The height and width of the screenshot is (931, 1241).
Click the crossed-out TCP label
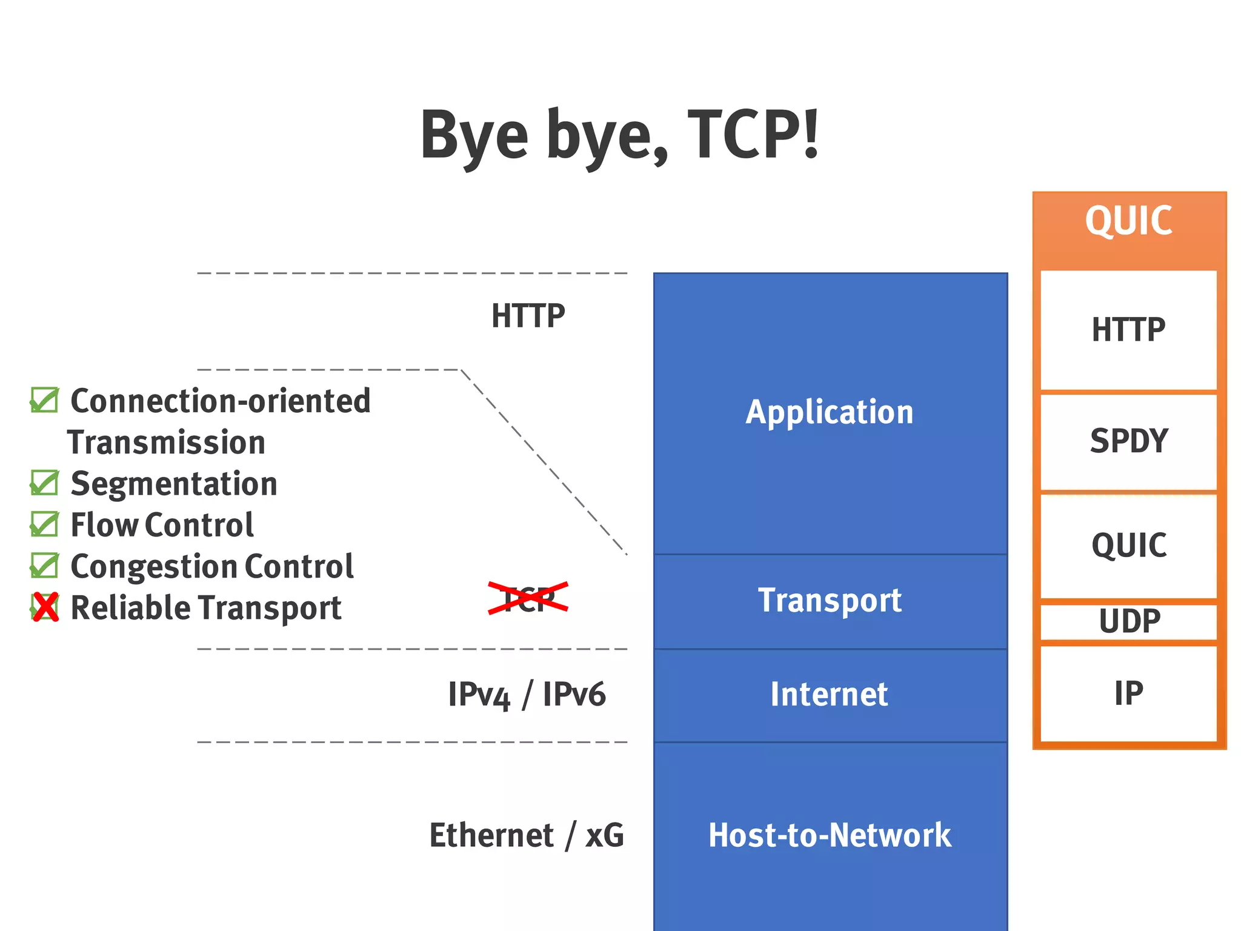pos(528,599)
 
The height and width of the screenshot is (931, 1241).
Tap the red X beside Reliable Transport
pos(45,607)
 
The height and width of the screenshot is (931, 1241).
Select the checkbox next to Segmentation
pos(44,484)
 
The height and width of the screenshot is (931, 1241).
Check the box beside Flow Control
pos(44,525)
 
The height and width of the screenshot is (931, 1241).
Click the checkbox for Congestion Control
pos(44,566)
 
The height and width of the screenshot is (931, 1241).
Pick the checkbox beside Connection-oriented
pos(44,401)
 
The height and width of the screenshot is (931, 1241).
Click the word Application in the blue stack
pos(829,413)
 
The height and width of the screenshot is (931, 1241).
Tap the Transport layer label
pos(829,601)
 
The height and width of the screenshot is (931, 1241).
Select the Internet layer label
pos(829,695)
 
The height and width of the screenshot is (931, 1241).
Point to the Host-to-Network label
pos(829,835)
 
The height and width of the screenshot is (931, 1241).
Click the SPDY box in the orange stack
pos(1128,441)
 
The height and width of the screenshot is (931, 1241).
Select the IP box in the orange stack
pos(1128,693)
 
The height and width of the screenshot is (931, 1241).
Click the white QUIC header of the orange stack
pos(1128,221)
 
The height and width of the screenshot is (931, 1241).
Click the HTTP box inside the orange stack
pos(1128,330)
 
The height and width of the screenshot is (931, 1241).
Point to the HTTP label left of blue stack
pos(528,316)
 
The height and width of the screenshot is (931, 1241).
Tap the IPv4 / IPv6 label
pos(527,695)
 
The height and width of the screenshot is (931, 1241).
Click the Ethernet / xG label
pos(527,835)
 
